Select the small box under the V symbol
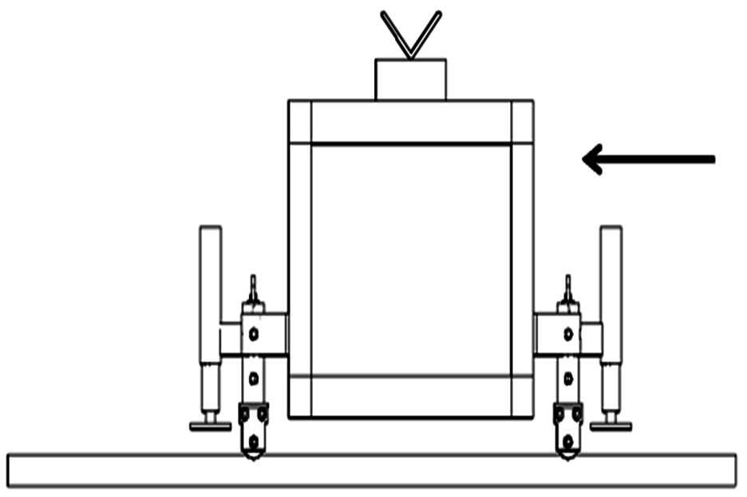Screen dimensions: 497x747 [x=410, y=80]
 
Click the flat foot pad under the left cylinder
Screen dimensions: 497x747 [x=211, y=426]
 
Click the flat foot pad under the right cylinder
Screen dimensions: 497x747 [x=611, y=426]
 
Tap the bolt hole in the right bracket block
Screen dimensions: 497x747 [x=567, y=334]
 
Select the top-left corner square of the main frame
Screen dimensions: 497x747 [x=300, y=121]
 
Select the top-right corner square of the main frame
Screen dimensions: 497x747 [x=522, y=121]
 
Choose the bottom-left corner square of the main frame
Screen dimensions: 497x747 [x=300, y=396]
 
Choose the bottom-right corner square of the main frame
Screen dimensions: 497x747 [x=522, y=396]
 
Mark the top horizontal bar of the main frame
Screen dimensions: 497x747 [x=410, y=122]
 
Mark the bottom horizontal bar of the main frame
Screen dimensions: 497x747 [x=410, y=396]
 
